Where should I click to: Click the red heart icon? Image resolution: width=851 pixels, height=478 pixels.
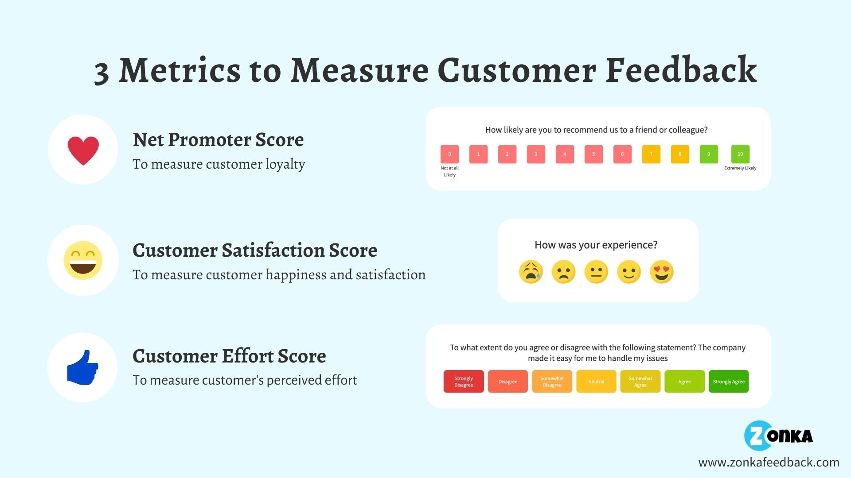pos(83,150)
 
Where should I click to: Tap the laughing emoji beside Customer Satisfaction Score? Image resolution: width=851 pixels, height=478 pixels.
pos(83,260)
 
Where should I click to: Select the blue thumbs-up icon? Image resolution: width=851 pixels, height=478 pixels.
pos(82,368)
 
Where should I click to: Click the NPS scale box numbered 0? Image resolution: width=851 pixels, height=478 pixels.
pos(449,154)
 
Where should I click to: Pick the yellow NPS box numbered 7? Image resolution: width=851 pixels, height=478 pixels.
pos(651,154)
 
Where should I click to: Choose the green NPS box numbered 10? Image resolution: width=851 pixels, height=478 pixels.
pos(740,154)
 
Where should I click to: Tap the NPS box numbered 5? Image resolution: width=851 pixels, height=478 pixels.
pos(593,154)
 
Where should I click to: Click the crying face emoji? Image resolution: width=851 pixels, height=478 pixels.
pos(531,272)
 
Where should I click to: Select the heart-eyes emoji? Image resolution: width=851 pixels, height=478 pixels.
pos(661,272)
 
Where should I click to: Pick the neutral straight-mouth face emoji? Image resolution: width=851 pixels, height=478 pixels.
pos(596,272)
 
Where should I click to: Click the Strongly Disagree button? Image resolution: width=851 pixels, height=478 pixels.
pos(464,382)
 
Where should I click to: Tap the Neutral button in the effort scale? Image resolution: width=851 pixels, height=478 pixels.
pos(596,382)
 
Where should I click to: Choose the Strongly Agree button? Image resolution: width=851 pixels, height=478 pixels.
pos(729,382)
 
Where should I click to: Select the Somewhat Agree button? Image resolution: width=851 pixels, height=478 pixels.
pos(640,382)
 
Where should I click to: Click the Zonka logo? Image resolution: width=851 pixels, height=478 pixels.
pos(778,436)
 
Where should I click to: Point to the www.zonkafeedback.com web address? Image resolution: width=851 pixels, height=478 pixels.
pos(769,463)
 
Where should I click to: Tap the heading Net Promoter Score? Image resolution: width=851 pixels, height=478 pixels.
pos(218,140)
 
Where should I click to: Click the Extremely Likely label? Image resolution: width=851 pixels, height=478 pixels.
pos(740,168)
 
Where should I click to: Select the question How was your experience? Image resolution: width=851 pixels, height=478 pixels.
pos(596,245)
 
